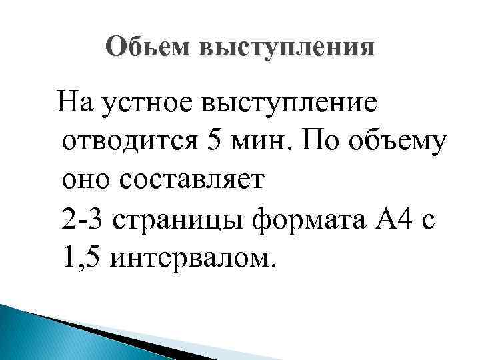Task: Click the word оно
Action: pos(83,180)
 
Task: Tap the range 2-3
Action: pos(83,218)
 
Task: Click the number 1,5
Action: pos(78,257)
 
